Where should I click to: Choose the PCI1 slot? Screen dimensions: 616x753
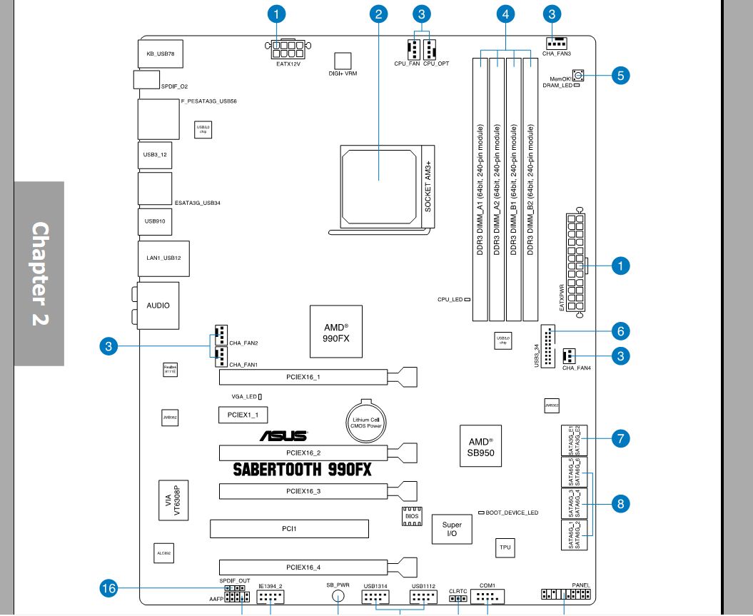(x=288, y=529)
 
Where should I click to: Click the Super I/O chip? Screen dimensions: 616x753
(x=452, y=529)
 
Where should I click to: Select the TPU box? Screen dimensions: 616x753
(x=505, y=547)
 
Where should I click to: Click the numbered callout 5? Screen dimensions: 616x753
(x=620, y=75)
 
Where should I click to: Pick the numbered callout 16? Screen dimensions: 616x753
(x=109, y=588)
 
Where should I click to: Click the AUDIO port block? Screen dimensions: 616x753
(x=158, y=305)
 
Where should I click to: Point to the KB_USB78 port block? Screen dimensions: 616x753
(x=156, y=54)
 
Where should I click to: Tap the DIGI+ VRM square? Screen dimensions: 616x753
(x=344, y=61)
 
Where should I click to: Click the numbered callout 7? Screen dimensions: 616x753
(x=620, y=438)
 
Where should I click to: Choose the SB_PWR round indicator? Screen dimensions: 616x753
(x=340, y=596)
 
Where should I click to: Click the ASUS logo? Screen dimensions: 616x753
(x=283, y=435)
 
